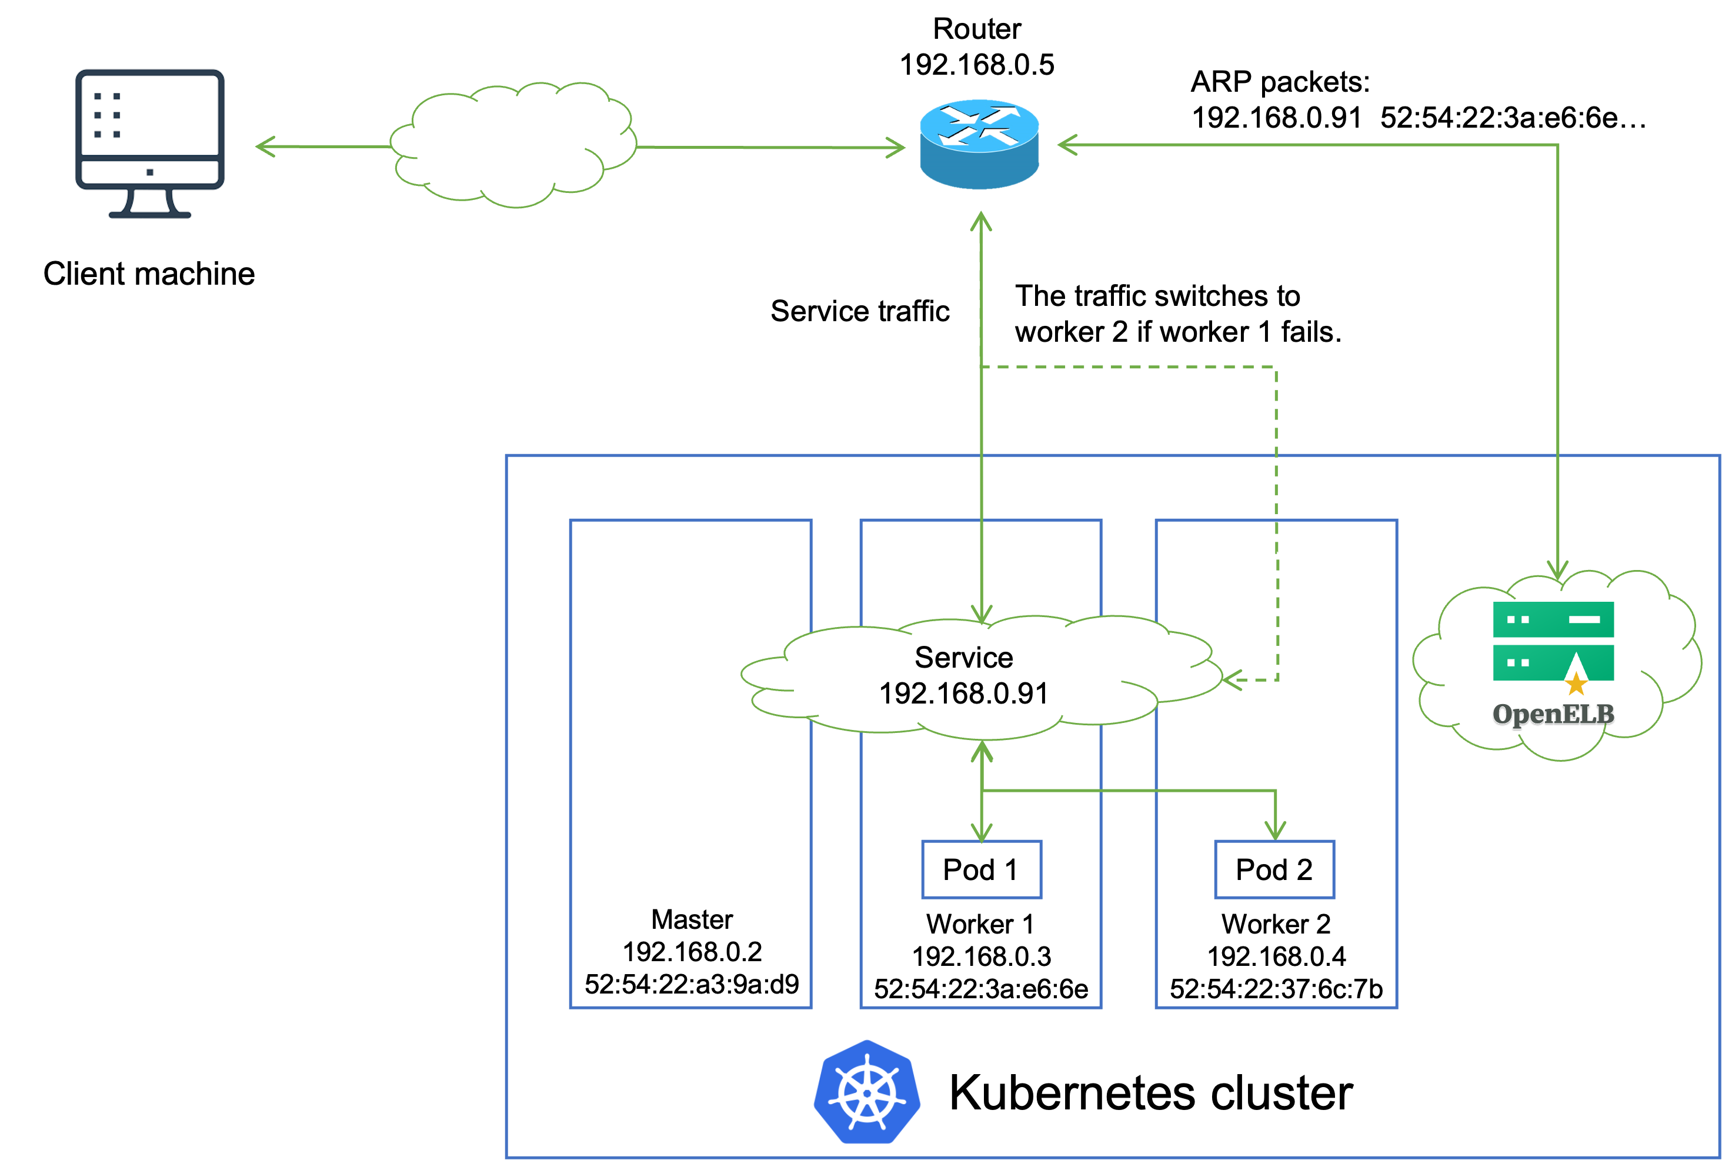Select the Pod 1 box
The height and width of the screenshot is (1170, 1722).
click(x=981, y=869)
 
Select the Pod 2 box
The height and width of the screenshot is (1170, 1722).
click(x=1274, y=869)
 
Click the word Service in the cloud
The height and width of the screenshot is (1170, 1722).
click(x=963, y=657)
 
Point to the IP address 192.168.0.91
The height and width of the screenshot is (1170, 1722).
click(x=963, y=694)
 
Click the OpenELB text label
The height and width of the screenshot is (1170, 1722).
click(x=1552, y=714)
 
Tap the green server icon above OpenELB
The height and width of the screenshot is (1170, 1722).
click(x=1553, y=640)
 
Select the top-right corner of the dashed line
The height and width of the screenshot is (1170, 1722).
click(x=1275, y=367)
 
